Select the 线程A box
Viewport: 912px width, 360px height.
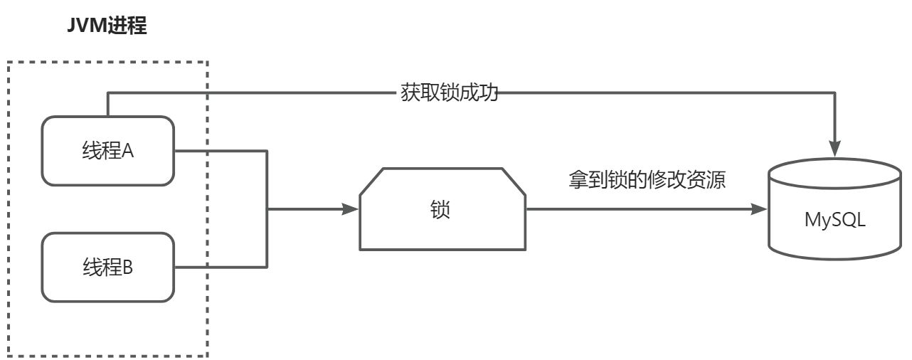click(x=107, y=151)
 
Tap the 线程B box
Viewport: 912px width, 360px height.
click(x=107, y=268)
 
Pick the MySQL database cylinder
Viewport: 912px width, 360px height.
click(x=835, y=213)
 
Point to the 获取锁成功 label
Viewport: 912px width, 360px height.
click(x=447, y=93)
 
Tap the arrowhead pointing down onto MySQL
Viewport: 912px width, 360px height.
click(x=835, y=150)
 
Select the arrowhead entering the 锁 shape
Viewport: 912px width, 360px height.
click(x=350, y=209)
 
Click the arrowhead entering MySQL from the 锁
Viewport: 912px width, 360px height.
click(x=759, y=209)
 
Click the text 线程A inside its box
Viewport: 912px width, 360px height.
click(x=107, y=151)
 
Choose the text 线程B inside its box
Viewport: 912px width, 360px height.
click(x=107, y=268)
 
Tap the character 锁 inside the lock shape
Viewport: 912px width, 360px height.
click(x=441, y=211)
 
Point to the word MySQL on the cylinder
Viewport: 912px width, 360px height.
click(x=835, y=221)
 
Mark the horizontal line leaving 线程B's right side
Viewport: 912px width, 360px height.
click(x=221, y=268)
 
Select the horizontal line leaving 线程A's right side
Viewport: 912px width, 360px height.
click(x=221, y=150)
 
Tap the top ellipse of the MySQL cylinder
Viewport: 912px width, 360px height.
click(x=835, y=174)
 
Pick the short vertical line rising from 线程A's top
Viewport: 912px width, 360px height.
click(x=108, y=104)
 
